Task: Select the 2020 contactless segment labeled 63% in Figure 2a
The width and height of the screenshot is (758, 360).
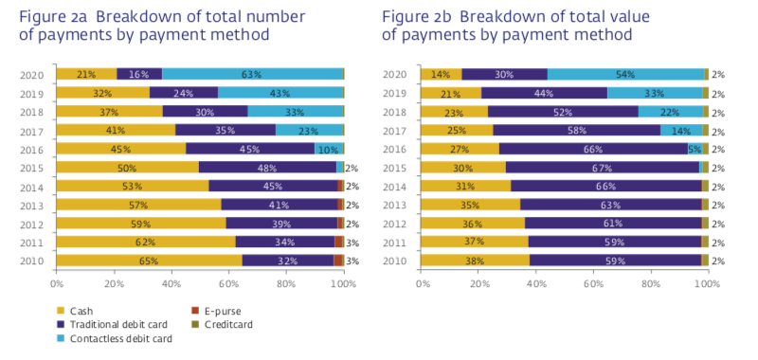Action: [252, 74]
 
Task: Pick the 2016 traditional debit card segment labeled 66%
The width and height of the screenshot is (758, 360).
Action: [593, 149]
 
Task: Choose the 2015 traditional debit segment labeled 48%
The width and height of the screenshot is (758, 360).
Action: [267, 167]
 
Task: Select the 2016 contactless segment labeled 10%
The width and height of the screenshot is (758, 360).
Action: [327, 149]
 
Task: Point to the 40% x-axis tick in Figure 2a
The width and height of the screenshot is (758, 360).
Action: [171, 283]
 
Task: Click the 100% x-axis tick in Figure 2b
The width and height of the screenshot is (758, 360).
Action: [706, 283]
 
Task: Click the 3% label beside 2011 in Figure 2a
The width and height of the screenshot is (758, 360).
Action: [352, 242]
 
